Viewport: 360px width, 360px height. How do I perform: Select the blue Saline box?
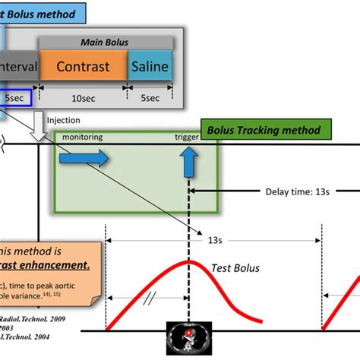150,66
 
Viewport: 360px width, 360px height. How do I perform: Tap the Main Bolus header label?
106,42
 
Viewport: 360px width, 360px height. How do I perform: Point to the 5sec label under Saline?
150,99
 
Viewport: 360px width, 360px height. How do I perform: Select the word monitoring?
82,137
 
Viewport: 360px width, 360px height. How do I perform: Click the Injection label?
63,120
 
